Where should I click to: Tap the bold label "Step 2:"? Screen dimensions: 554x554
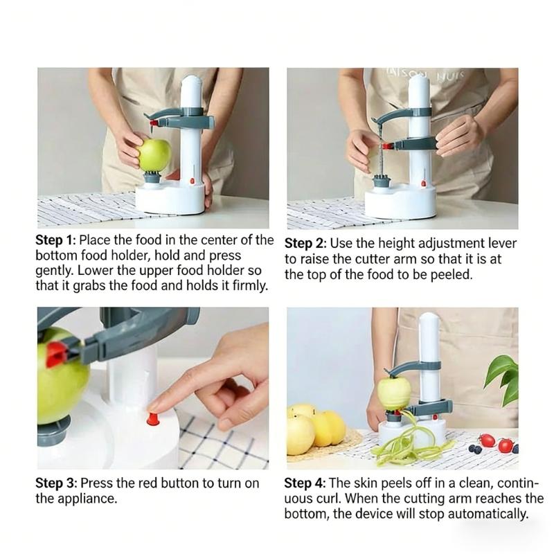click(305, 244)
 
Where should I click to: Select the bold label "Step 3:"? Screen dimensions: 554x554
click(57, 483)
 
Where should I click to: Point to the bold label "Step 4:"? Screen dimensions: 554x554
click(305, 483)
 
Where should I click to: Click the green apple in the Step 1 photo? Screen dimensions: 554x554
click(154, 154)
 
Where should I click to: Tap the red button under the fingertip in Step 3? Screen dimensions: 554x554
click(152, 418)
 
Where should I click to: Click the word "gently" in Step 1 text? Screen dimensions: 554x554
click(55, 271)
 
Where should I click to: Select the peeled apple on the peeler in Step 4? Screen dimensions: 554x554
click(393, 393)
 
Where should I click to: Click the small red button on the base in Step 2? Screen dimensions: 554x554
click(421, 184)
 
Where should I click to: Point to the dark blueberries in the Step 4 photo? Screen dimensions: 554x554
click(475, 449)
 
